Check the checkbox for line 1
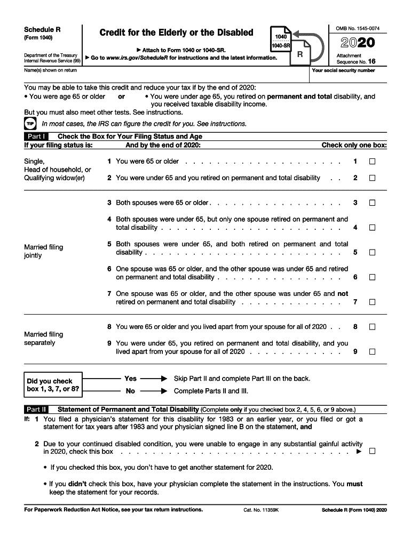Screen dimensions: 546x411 (372, 162)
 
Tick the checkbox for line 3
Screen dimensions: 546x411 (372, 203)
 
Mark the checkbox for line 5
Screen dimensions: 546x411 (372, 253)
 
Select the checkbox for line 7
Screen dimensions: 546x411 (372, 302)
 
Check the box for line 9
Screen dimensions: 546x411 (372, 352)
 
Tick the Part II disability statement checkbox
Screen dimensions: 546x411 (372, 451)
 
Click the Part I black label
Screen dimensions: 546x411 (36, 136)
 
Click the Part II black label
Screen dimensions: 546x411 (36, 409)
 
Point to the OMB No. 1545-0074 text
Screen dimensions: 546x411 (357, 28)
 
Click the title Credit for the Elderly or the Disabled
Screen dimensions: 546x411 (176, 33)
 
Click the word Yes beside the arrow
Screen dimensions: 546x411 (130, 379)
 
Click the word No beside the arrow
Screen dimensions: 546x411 (130, 391)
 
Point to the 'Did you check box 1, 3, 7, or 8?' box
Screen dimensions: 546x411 (53, 385)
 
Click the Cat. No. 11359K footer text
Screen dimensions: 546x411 (258, 510)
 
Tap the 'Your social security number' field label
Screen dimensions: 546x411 (351, 70)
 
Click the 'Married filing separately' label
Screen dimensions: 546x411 (44, 339)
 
